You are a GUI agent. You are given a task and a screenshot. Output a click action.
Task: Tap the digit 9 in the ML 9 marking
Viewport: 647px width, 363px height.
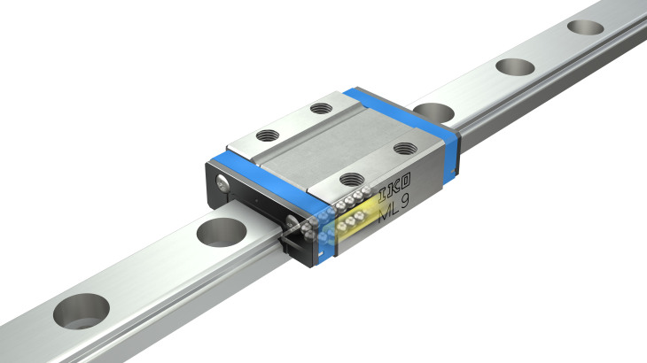pyautogui.click(x=404, y=201)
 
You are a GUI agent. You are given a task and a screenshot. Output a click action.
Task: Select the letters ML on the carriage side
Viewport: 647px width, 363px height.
pyautogui.click(x=388, y=212)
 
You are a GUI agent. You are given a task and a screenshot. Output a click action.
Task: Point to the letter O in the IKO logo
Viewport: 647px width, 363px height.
pyautogui.click(x=406, y=181)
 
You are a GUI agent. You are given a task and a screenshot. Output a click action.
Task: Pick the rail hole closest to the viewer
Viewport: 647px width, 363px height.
pyautogui.click(x=82, y=312)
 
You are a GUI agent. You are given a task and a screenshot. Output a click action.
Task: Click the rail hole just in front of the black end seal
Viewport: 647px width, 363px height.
pyautogui.click(x=222, y=232)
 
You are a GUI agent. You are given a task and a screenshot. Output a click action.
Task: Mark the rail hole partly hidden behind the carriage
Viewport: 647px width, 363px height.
pyautogui.click(x=433, y=113)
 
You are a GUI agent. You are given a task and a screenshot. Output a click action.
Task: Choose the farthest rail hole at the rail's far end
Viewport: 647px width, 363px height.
pyautogui.click(x=585, y=27)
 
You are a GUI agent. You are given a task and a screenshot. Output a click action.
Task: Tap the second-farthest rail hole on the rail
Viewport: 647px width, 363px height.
pyautogui.click(x=515, y=67)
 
